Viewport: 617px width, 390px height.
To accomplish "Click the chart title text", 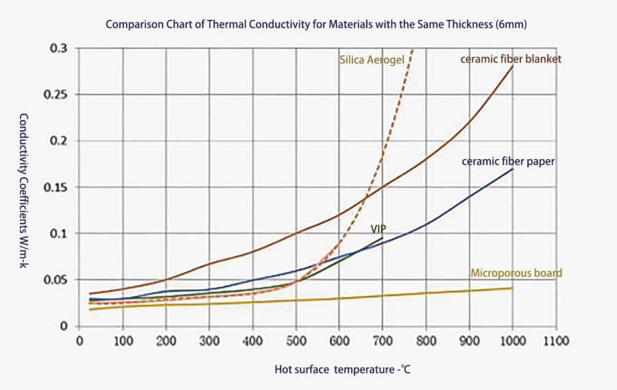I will click(x=316, y=24).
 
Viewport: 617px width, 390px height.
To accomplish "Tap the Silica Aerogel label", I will click(x=372, y=60).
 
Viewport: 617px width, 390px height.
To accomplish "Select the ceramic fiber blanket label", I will click(x=511, y=59).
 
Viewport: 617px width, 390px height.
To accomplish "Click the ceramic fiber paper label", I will click(x=508, y=162).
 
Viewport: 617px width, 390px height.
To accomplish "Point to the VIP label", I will click(x=379, y=228).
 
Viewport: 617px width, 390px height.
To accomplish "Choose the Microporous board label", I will click(x=516, y=273).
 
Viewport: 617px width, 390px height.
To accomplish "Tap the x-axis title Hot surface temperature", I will click(x=342, y=369).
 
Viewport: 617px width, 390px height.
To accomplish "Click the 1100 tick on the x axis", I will click(x=556, y=339).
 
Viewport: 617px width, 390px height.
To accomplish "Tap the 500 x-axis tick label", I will click(x=296, y=339).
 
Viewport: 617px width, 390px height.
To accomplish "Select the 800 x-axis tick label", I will click(x=426, y=339).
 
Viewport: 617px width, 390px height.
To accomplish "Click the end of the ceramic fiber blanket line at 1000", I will click(x=513, y=66).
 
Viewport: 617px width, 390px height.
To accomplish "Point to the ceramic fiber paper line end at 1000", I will click(x=513, y=169).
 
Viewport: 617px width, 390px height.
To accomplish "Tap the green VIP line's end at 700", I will click(x=383, y=237).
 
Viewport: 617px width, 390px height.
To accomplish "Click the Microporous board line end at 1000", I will click(x=513, y=288).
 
